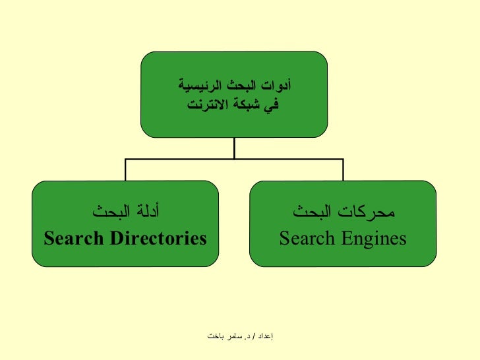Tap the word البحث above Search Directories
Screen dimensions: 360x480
pyautogui.click(x=107, y=213)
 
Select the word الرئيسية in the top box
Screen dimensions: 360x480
pyautogui.click(x=197, y=86)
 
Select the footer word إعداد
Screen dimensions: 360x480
pyautogui.click(x=263, y=336)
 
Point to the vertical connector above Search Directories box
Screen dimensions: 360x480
pyautogui.click(x=125, y=169)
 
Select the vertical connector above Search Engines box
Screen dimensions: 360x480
pyautogui.click(x=342, y=169)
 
